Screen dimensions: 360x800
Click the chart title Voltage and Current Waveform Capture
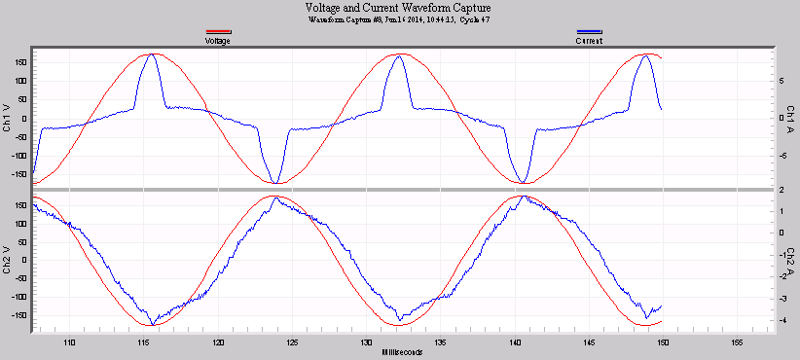[x=399, y=8]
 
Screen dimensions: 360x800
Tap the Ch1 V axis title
[x=8, y=118]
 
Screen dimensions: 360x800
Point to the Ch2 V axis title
[x=8, y=262]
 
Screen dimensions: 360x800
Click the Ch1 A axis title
[x=791, y=118]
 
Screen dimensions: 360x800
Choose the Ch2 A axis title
[x=791, y=262]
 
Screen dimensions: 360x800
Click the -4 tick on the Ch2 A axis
[x=769, y=320]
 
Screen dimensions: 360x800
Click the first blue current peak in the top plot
[x=152, y=55]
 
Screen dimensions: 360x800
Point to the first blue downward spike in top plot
[x=277, y=182]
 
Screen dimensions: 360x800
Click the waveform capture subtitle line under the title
[x=399, y=19]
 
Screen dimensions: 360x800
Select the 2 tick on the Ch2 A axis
[x=769, y=190]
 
